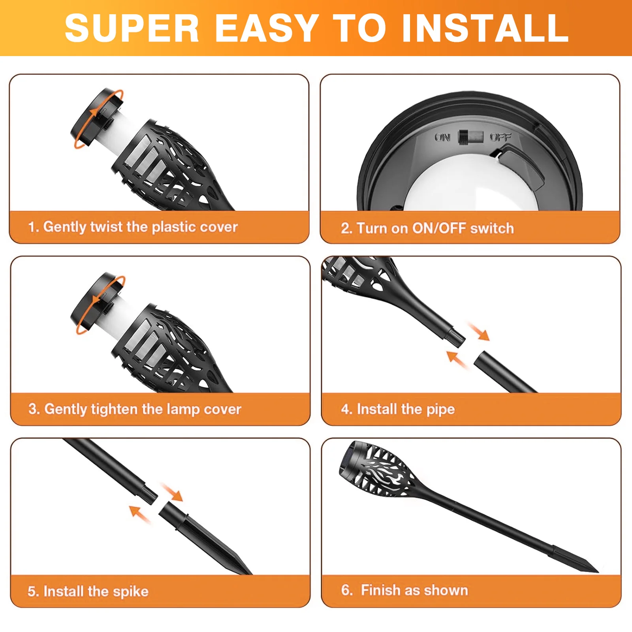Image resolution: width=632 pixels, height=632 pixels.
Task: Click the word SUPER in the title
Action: click(x=132, y=28)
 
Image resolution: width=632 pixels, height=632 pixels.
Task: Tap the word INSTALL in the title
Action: click(x=485, y=28)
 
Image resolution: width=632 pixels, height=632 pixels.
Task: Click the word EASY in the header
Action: click(x=267, y=28)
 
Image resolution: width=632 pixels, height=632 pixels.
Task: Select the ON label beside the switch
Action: click(x=442, y=137)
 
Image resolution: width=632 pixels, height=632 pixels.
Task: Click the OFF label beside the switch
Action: click(x=500, y=137)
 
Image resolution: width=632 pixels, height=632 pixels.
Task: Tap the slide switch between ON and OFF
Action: click(x=470, y=137)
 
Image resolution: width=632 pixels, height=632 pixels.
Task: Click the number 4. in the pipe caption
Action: click(x=346, y=409)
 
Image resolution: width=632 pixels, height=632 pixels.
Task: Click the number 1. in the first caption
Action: click(x=33, y=227)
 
